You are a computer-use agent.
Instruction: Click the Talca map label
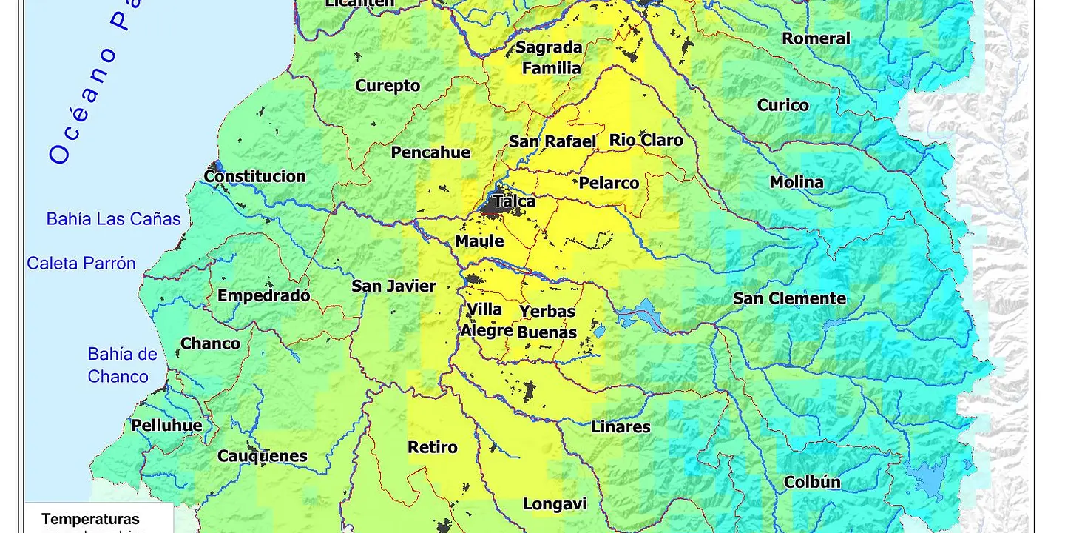[515, 201]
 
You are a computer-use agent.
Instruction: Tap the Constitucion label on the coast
[254, 176]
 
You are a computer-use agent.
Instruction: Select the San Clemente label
[789, 298]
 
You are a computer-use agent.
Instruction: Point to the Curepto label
[388, 86]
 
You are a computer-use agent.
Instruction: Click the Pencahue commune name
[430, 152]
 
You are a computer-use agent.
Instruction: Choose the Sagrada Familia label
[549, 58]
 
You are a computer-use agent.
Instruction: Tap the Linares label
[621, 427]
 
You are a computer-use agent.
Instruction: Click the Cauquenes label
[262, 456]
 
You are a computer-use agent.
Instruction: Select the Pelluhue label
[166, 425]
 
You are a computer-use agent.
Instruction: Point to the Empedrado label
[263, 295]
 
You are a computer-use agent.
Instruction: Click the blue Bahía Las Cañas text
[113, 219]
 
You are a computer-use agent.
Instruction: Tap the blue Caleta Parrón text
[81, 264]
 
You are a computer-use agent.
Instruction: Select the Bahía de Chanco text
[121, 365]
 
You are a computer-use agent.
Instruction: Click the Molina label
[796, 182]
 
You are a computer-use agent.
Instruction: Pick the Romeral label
[816, 38]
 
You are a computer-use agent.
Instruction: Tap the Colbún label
[812, 482]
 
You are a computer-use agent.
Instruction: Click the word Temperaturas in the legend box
[90, 520]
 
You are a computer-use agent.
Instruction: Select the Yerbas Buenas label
[547, 322]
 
